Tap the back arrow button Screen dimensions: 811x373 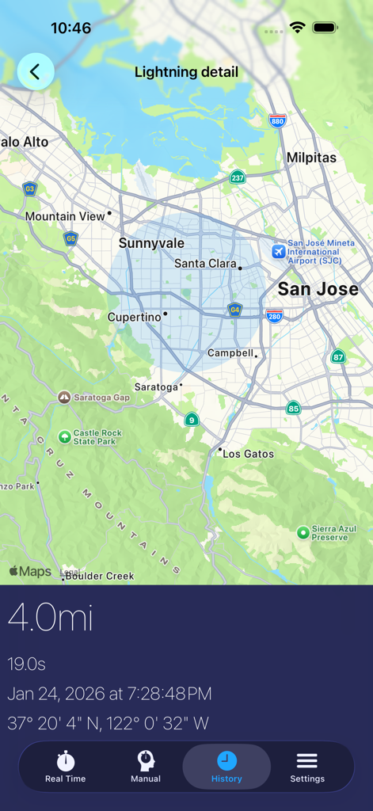pos(36,72)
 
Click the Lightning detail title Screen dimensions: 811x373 pos(186,72)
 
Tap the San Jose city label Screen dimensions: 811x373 pos(318,289)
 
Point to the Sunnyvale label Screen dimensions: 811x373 pos(151,243)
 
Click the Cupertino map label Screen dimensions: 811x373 pos(135,317)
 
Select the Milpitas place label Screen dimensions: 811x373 pos(311,158)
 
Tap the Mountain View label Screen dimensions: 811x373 pos(65,216)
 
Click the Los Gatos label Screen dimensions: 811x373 pos(248,454)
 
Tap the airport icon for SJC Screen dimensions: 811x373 pos(278,251)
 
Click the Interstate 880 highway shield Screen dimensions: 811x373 pos(277,121)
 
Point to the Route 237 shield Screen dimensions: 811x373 pos(238,177)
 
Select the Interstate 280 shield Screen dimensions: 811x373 pos(275,315)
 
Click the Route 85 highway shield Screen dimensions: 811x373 pos(294,408)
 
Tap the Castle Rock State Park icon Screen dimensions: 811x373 pos(64,436)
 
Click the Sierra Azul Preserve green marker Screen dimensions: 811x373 pos(303,532)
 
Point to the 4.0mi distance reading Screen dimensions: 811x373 pos(51,618)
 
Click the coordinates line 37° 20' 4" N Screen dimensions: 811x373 pos(108,723)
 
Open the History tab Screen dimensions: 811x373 pos(226,767)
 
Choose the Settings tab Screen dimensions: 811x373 pos(307,767)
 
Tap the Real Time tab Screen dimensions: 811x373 pos(66,767)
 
